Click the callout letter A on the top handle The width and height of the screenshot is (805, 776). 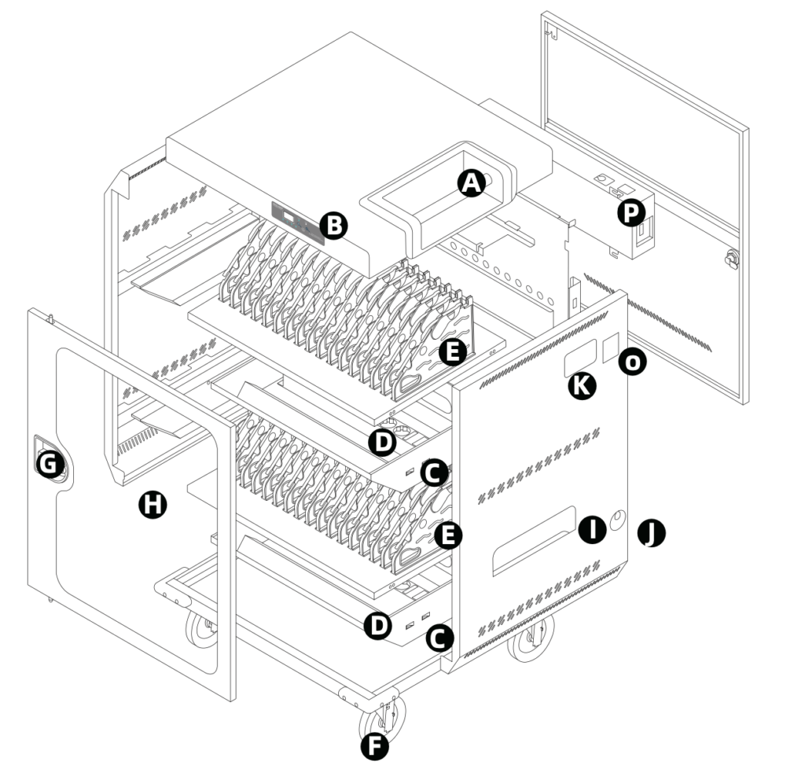pos(470,183)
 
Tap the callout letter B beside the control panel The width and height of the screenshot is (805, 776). pos(334,226)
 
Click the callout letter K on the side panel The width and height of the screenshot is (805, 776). pos(582,384)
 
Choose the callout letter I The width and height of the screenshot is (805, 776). pos(591,529)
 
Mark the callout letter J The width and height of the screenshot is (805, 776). pos(651,533)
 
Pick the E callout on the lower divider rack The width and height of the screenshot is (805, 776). pos(447,536)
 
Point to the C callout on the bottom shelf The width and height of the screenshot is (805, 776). pos(439,638)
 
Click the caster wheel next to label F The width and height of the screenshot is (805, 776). pos(383,716)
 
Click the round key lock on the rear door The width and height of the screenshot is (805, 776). pos(733,257)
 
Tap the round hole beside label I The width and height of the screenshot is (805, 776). pos(618,520)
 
